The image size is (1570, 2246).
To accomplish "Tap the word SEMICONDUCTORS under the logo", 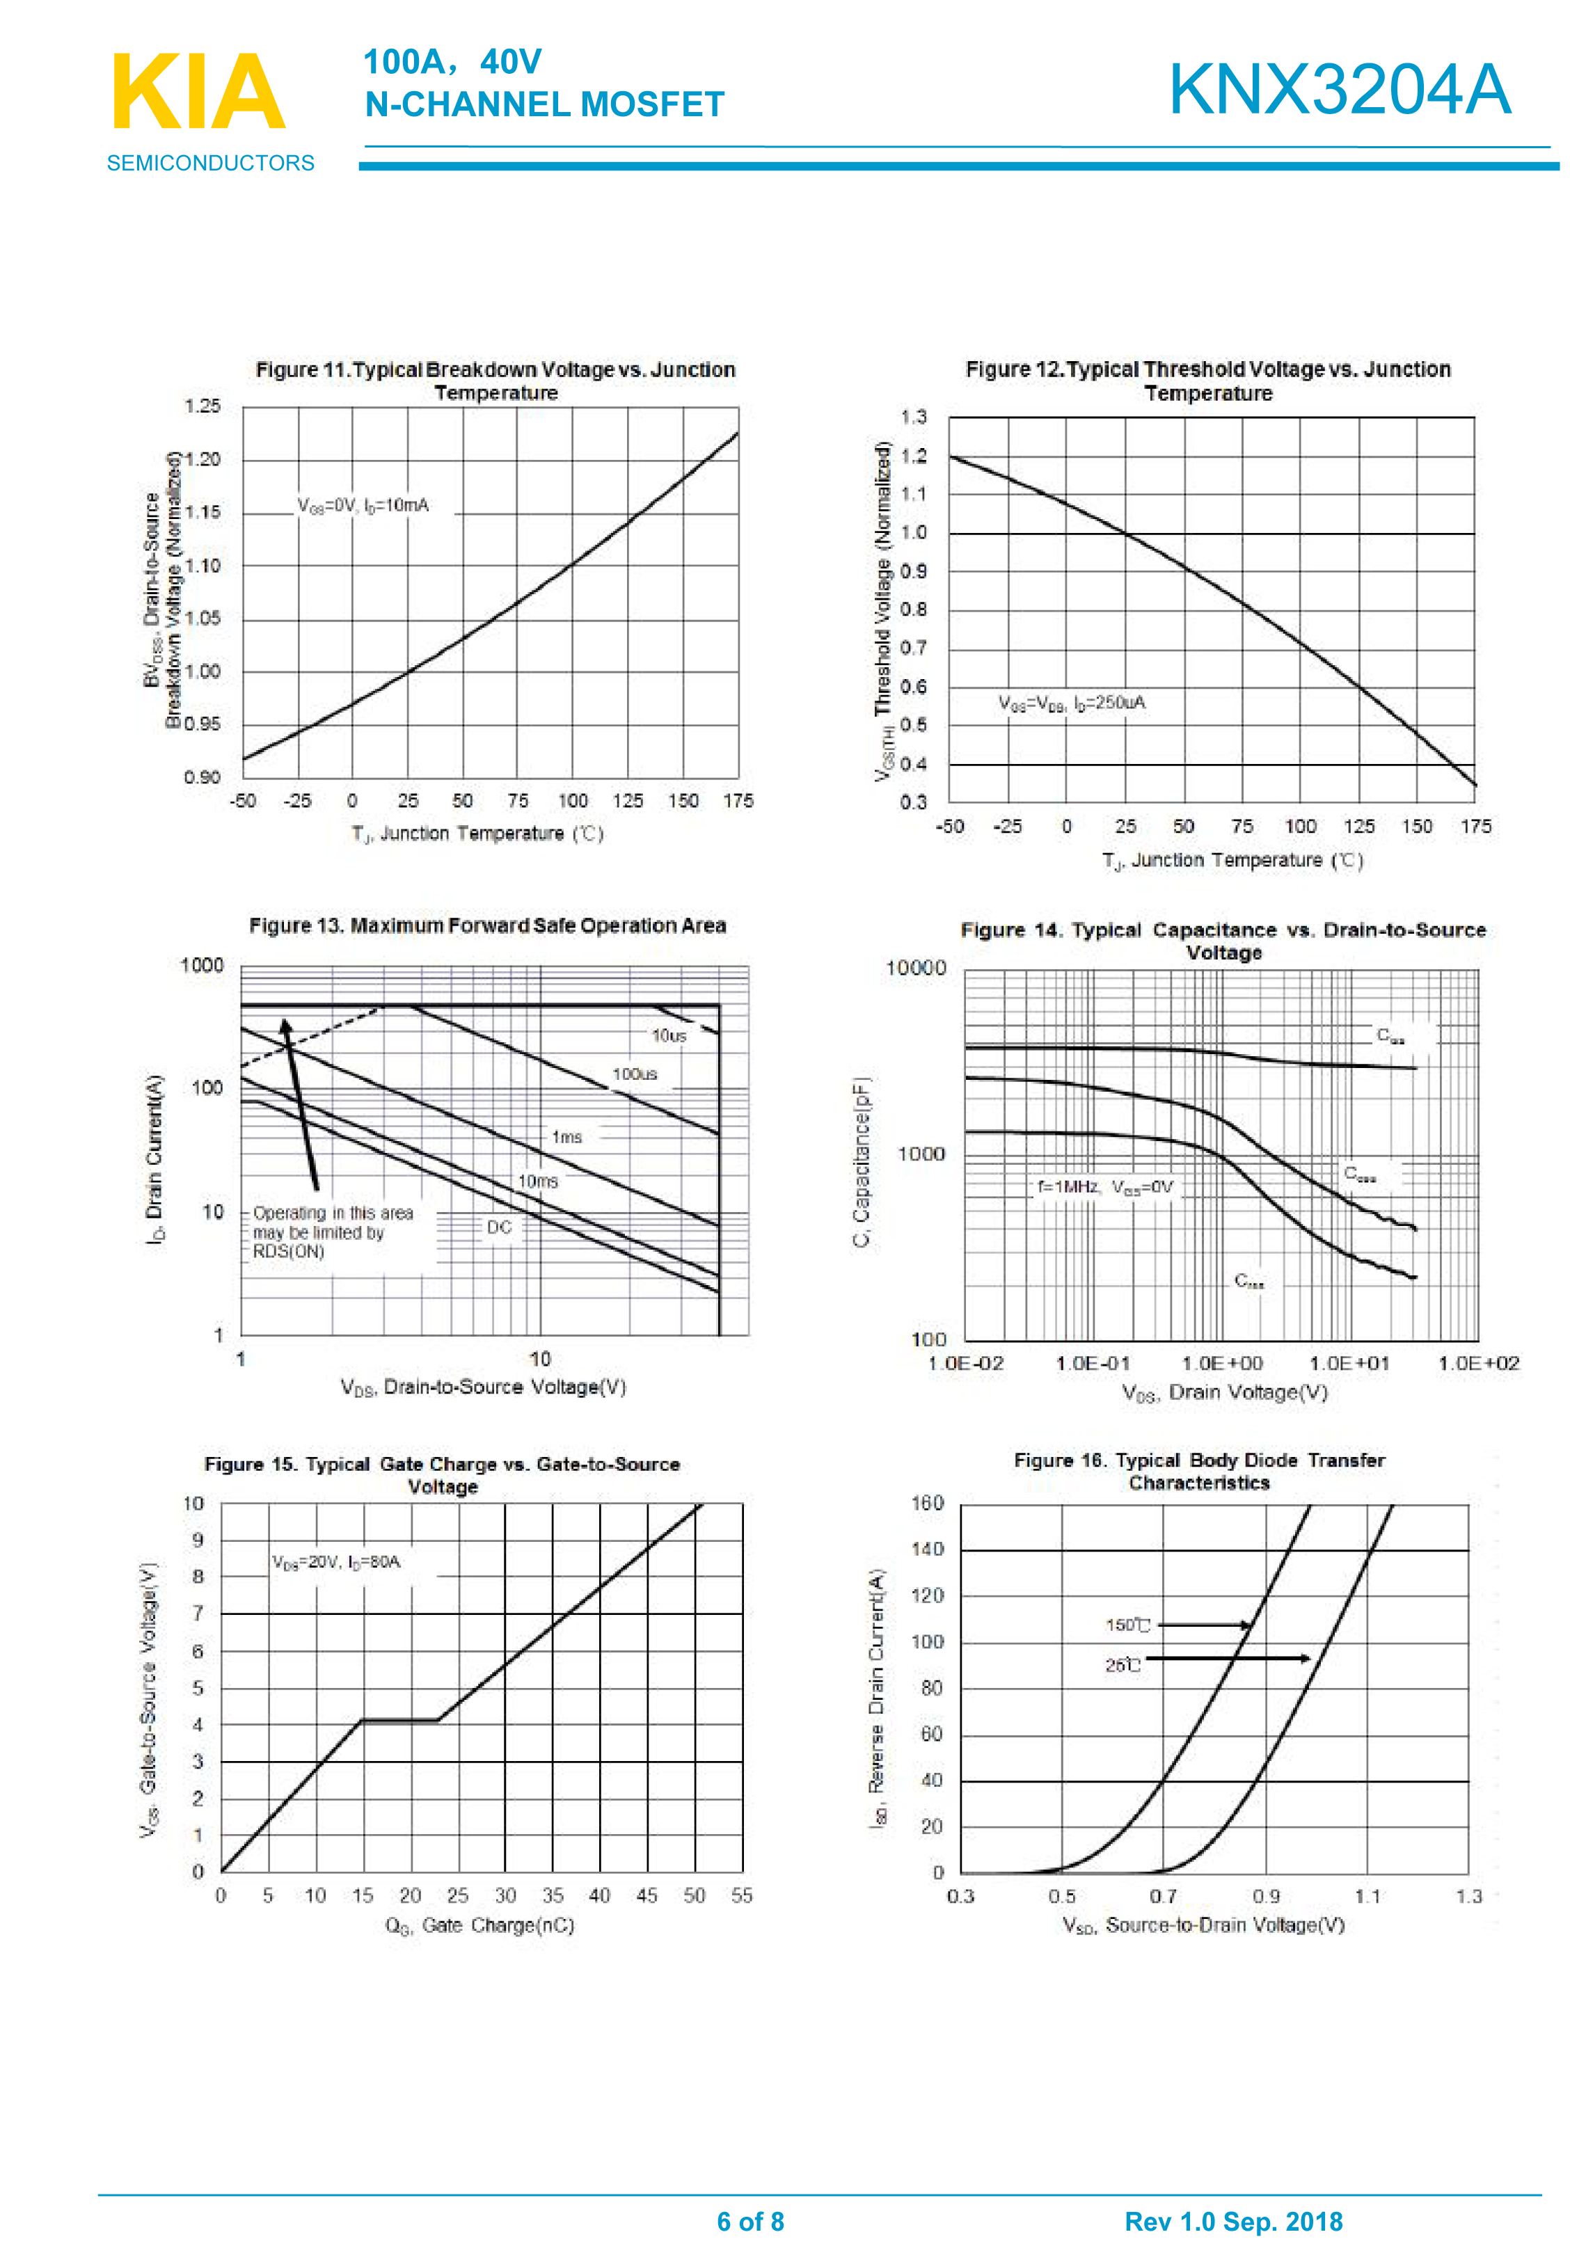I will [210, 164].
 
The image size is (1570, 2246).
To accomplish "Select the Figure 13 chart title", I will [487, 925].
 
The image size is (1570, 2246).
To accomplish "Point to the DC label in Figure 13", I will [499, 1227].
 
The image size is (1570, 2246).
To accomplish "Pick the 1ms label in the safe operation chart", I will [566, 1137].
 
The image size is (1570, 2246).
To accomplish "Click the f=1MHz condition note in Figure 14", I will [1104, 1186].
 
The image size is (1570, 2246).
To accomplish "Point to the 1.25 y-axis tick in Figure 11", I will [203, 406].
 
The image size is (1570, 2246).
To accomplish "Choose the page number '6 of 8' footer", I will [750, 2222].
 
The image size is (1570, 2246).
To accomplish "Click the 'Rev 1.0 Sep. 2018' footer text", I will [1233, 2222].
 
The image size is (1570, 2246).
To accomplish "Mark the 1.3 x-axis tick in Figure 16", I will [1468, 1897].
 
